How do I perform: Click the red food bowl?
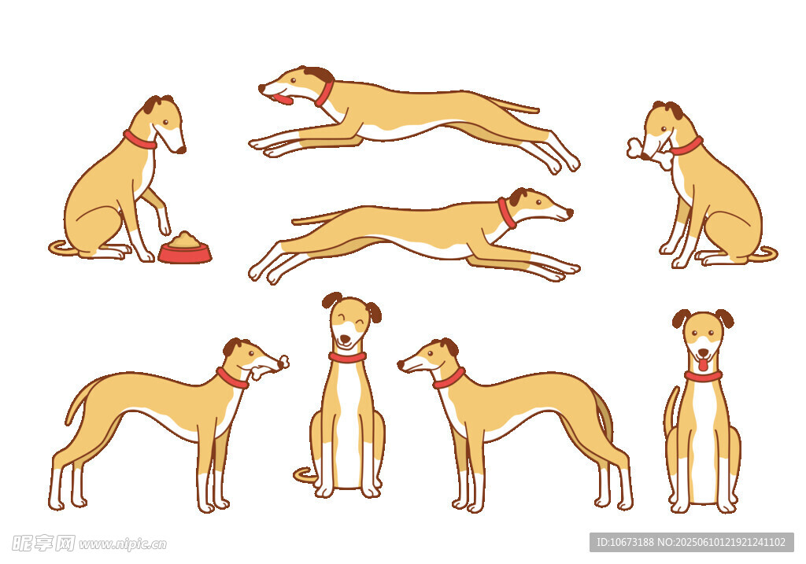click(x=184, y=253)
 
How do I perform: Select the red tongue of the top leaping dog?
click(x=283, y=98)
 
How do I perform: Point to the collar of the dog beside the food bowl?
click(x=139, y=140)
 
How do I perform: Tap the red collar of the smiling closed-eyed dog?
click(x=347, y=357)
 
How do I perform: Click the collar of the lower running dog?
click(x=507, y=212)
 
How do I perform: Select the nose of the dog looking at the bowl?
click(x=182, y=150)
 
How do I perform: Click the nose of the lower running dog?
click(x=570, y=212)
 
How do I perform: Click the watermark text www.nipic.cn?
click(x=122, y=544)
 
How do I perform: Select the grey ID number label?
click(x=691, y=542)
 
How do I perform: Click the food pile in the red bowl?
click(x=184, y=239)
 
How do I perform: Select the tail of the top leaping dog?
click(x=514, y=106)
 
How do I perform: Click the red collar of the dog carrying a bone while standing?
click(x=232, y=378)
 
